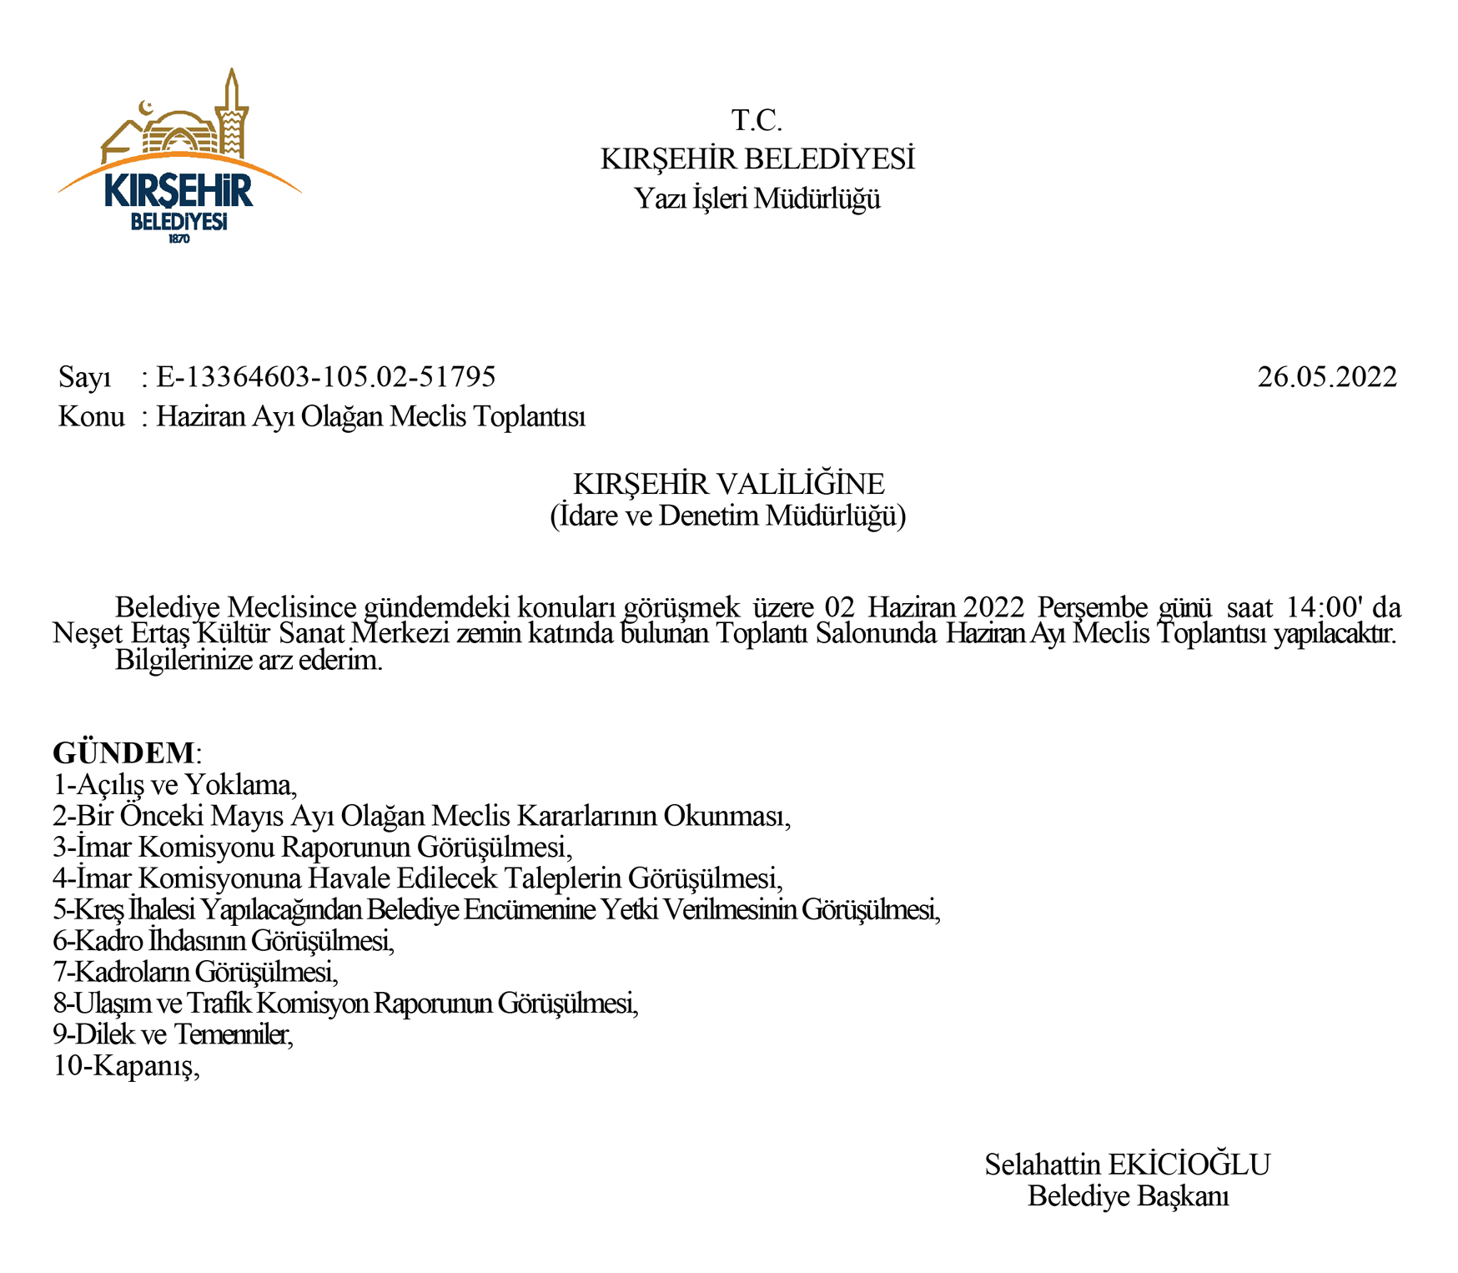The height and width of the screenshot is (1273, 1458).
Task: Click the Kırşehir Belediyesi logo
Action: (x=178, y=158)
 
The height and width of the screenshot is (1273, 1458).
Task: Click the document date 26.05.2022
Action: (x=1326, y=377)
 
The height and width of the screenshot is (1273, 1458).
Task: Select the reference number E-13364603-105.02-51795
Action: (x=326, y=377)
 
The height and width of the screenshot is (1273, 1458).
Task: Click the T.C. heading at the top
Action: (x=757, y=121)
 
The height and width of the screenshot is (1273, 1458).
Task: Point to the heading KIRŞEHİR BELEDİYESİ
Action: (x=757, y=158)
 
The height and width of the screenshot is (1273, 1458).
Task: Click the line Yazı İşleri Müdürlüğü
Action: (x=757, y=199)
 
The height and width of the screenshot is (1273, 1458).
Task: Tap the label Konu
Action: (x=91, y=416)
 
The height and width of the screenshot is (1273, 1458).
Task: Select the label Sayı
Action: (x=84, y=378)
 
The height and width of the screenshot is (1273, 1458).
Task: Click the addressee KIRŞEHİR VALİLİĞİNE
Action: (x=728, y=484)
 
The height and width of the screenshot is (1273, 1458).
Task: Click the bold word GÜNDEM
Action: (x=123, y=752)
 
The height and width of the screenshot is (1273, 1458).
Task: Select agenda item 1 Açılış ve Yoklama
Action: (x=175, y=784)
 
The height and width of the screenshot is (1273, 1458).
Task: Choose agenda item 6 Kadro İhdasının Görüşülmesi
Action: (x=224, y=940)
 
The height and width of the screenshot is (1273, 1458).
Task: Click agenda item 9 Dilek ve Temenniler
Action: (x=173, y=1034)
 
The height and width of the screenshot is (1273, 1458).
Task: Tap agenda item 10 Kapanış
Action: (x=127, y=1065)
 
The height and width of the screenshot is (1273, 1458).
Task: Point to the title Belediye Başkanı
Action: (x=1128, y=1196)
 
